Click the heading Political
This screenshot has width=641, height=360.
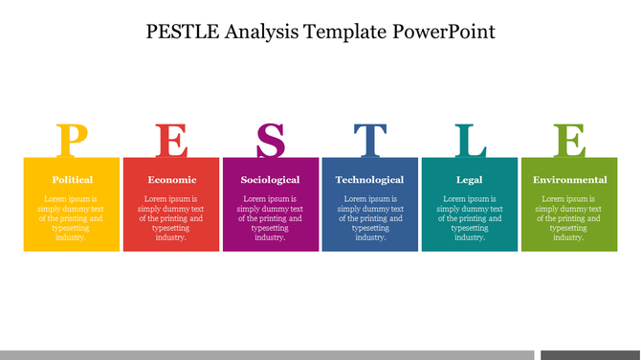[72, 179]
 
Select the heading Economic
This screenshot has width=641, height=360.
[171, 179]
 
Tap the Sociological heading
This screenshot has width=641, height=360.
[271, 179]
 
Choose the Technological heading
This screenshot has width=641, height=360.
[370, 179]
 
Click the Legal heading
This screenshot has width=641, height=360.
[470, 179]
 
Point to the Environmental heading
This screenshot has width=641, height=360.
[569, 179]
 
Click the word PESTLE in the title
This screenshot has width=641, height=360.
[185, 31]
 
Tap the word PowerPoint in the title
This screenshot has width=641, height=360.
[444, 31]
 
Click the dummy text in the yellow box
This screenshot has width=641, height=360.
[72, 217]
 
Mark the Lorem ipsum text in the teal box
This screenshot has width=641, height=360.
[470, 217]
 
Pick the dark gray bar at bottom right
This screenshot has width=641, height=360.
[590, 354]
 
